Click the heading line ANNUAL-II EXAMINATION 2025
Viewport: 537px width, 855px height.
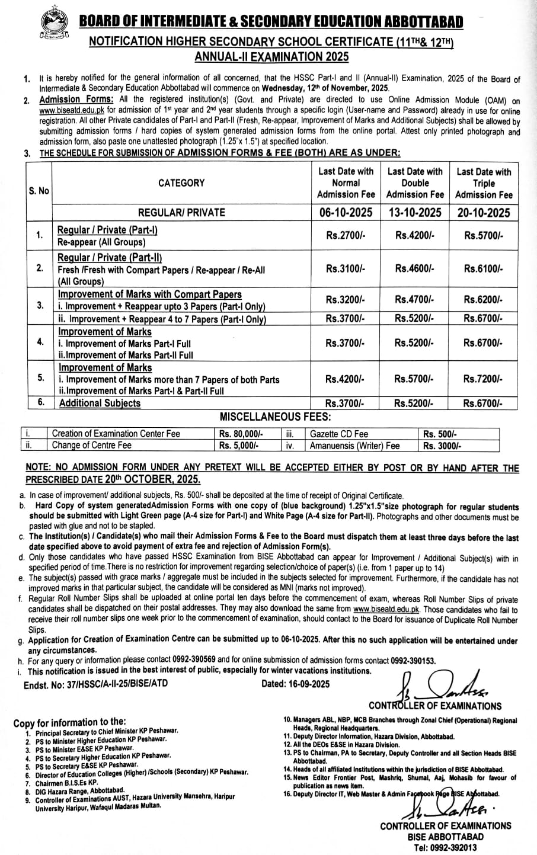(272, 57)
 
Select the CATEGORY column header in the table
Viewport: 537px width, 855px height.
(181, 183)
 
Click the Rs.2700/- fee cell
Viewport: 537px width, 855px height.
(346, 235)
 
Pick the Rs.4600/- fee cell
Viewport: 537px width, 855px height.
(414, 268)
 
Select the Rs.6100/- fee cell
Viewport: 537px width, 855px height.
(483, 268)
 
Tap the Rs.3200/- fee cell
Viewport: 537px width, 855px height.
(346, 300)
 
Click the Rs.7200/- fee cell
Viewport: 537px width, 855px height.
(483, 379)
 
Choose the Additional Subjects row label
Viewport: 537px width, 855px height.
(99, 404)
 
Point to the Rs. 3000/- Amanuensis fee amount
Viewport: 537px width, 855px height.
(442, 446)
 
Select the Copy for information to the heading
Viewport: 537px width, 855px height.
(69, 722)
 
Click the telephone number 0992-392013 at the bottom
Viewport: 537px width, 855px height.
(455, 847)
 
